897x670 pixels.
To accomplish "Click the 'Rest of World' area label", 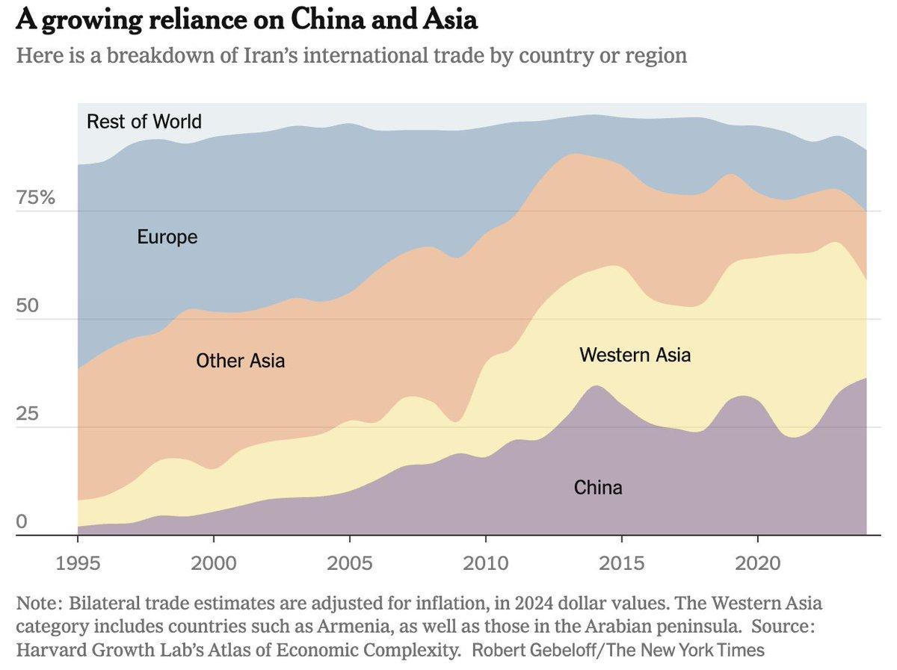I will (x=144, y=121).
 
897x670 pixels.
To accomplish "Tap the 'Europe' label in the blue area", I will (x=167, y=238).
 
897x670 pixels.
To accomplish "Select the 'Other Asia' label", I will (x=240, y=362).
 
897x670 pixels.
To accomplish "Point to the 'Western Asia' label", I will (x=635, y=355).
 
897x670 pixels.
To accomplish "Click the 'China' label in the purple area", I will (x=598, y=488).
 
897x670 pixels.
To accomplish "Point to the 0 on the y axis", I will (x=22, y=522).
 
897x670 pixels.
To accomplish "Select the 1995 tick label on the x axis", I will (x=78, y=562).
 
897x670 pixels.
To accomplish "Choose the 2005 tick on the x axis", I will (x=349, y=562).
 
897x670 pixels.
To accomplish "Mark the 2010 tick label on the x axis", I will (x=485, y=562).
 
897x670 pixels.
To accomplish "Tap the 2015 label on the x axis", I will (x=622, y=562).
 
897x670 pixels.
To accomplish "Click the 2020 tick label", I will (x=757, y=562).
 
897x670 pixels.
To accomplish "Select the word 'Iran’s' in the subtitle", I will (x=298, y=55).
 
